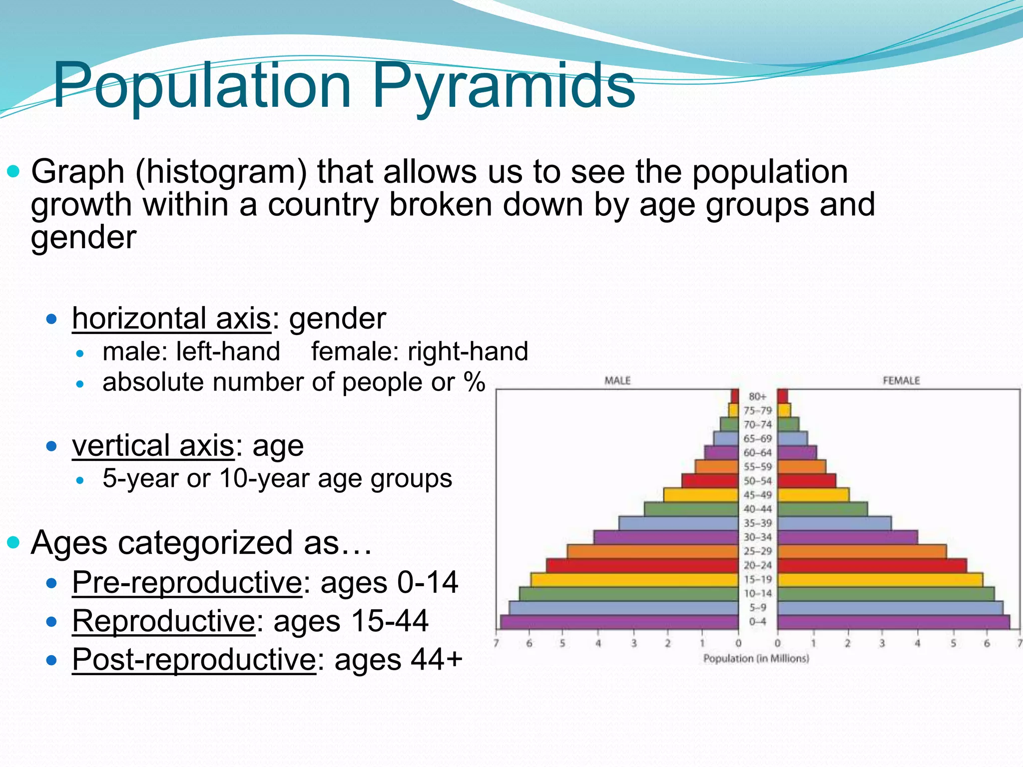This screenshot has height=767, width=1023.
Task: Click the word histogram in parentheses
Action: pyautogui.click(x=221, y=172)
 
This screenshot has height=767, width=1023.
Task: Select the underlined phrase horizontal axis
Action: pyautogui.click(x=171, y=319)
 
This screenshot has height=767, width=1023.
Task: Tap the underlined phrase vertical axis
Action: pyautogui.click(x=153, y=445)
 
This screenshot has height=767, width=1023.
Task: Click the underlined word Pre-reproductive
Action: pyautogui.click(x=187, y=582)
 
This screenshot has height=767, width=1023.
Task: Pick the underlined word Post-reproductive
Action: pyautogui.click(x=194, y=660)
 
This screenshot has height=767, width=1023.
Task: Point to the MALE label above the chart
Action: pyautogui.click(x=617, y=381)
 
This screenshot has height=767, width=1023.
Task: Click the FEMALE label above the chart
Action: pyautogui.click(x=901, y=381)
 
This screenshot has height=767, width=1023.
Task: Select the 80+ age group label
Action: pyautogui.click(x=757, y=396)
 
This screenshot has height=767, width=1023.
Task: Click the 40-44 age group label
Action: pyautogui.click(x=757, y=509)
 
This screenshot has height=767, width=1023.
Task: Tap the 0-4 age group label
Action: pyautogui.click(x=757, y=622)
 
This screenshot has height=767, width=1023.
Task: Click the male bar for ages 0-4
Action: pyautogui.click(x=619, y=622)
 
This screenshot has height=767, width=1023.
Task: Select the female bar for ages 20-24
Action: pyautogui.click(x=872, y=566)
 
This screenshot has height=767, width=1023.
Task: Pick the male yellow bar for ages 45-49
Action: pyautogui.click(x=700, y=495)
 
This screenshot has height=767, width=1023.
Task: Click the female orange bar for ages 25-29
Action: pyautogui.click(x=862, y=552)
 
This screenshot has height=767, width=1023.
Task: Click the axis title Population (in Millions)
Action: pyautogui.click(x=756, y=659)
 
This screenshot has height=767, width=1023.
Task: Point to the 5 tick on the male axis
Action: pyautogui.click(x=562, y=644)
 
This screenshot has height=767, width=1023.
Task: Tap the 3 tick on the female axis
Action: pyautogui.click(x=882, y=644)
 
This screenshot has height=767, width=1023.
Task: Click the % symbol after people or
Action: pyautogui.click(x=474, y=382)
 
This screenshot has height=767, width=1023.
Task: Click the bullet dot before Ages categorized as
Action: pyautogui.click(x=14, y=543)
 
